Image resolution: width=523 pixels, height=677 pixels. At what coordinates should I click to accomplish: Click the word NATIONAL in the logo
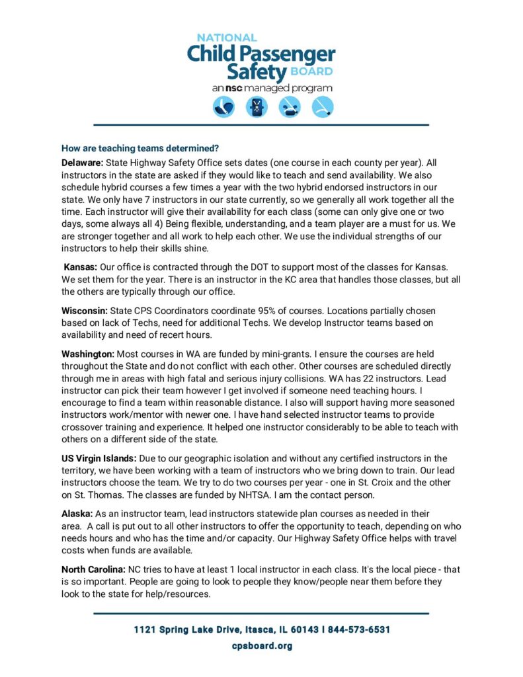coord(226,38)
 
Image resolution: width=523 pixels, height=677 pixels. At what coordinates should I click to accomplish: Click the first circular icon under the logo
coord(223,107)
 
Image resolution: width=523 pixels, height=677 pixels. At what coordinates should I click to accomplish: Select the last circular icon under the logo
coord(323,107)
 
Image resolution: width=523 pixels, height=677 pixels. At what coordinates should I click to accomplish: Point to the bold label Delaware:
coord(83,162)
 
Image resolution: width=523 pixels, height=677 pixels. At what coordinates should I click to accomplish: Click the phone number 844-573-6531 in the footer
coord(358,629)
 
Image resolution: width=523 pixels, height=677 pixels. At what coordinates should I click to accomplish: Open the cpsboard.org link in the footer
coord(261,646)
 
